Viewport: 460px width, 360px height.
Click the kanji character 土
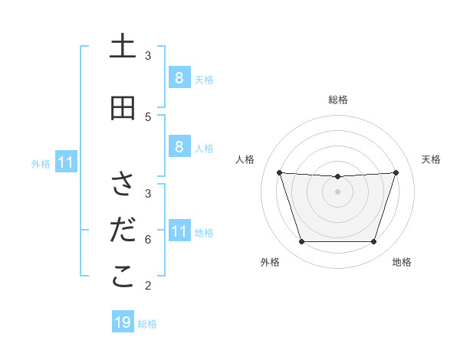[123, 47]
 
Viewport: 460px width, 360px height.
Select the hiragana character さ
[123, 185]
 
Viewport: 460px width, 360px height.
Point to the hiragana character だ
[123, 231]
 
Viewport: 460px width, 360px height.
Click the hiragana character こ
[123, 277]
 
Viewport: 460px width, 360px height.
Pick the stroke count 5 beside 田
[148, 116]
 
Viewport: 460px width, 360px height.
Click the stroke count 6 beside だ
[148, 239]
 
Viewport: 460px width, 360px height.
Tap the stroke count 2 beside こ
[148, 286]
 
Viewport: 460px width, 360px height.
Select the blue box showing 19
[123, 322]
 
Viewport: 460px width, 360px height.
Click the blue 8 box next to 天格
[179, 77]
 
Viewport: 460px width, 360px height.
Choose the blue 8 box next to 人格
[179, 146]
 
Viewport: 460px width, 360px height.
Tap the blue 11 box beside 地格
[179, 231]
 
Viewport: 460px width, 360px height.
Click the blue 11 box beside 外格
[67, 162]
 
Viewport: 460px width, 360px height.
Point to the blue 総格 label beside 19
[147, 324]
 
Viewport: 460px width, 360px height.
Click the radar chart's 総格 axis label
[338, 100]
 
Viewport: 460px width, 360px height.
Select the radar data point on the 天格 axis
[396, 172]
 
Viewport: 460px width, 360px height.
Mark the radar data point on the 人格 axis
[280, 172]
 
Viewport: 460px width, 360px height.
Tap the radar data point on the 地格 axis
[373, 242]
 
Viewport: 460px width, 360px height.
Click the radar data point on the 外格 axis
[301, 242]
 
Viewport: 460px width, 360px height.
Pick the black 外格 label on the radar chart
[270, 262]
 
